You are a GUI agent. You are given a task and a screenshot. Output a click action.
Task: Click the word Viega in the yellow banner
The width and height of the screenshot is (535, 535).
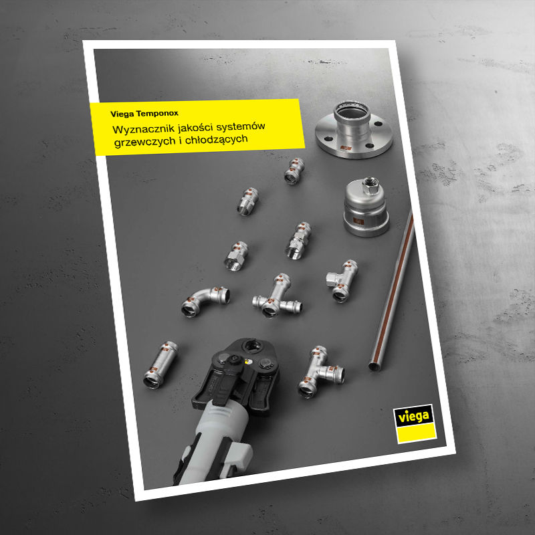pyautogui.click(x=122, y=114)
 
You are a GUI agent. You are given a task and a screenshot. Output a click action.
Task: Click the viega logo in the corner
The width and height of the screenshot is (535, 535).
pyautogui.click(x=415, y=424)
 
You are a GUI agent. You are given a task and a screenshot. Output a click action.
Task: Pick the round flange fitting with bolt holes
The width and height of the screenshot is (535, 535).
pyautogui.click(x=354, y=130)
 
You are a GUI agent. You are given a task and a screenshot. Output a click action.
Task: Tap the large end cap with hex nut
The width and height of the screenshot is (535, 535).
pyautogui.click(x=365, y=208)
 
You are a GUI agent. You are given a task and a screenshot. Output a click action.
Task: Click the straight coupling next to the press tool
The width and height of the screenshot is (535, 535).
pyautogui.click(x=160, y=364)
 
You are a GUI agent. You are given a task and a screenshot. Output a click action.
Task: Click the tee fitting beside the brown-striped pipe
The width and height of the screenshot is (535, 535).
pyautogui.click(x=342, y=280)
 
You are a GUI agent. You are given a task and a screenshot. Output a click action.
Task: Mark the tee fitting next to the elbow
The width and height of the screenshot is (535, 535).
pyautogui.click(x=277, y=297)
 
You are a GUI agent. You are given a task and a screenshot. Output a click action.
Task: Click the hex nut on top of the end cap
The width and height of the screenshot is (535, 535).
pyautogui.click(x=369, y=185)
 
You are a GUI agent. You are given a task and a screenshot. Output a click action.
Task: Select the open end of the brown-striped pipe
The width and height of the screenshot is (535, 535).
pyautogui.click(x=374, y=367)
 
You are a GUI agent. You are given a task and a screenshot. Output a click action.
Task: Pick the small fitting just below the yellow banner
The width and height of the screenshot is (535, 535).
pyautogui.click(x=294, y=171)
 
